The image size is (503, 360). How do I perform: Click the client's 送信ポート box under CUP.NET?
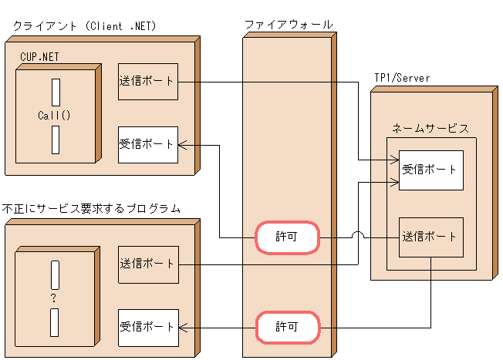point(148,81)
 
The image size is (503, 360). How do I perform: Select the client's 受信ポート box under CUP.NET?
point(148,144)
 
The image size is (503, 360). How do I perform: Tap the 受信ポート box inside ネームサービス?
point(430,170)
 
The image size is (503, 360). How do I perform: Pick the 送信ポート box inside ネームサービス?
point(430,237)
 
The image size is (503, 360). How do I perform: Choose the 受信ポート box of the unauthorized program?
point(148,328)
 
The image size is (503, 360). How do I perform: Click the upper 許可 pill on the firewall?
point(287,238)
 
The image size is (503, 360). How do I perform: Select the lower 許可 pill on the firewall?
point(287,328)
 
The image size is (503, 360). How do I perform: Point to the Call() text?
point(54,116)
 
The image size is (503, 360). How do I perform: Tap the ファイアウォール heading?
point(289,25)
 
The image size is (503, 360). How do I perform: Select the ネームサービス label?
point(430,128)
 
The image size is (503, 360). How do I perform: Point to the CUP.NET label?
point(39,57)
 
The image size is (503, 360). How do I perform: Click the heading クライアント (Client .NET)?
point(85,26)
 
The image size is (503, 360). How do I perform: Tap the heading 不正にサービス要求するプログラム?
point(91,208)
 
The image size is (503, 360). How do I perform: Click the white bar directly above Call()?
point(56,92)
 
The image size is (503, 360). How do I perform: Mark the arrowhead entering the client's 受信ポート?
point(183,144)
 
